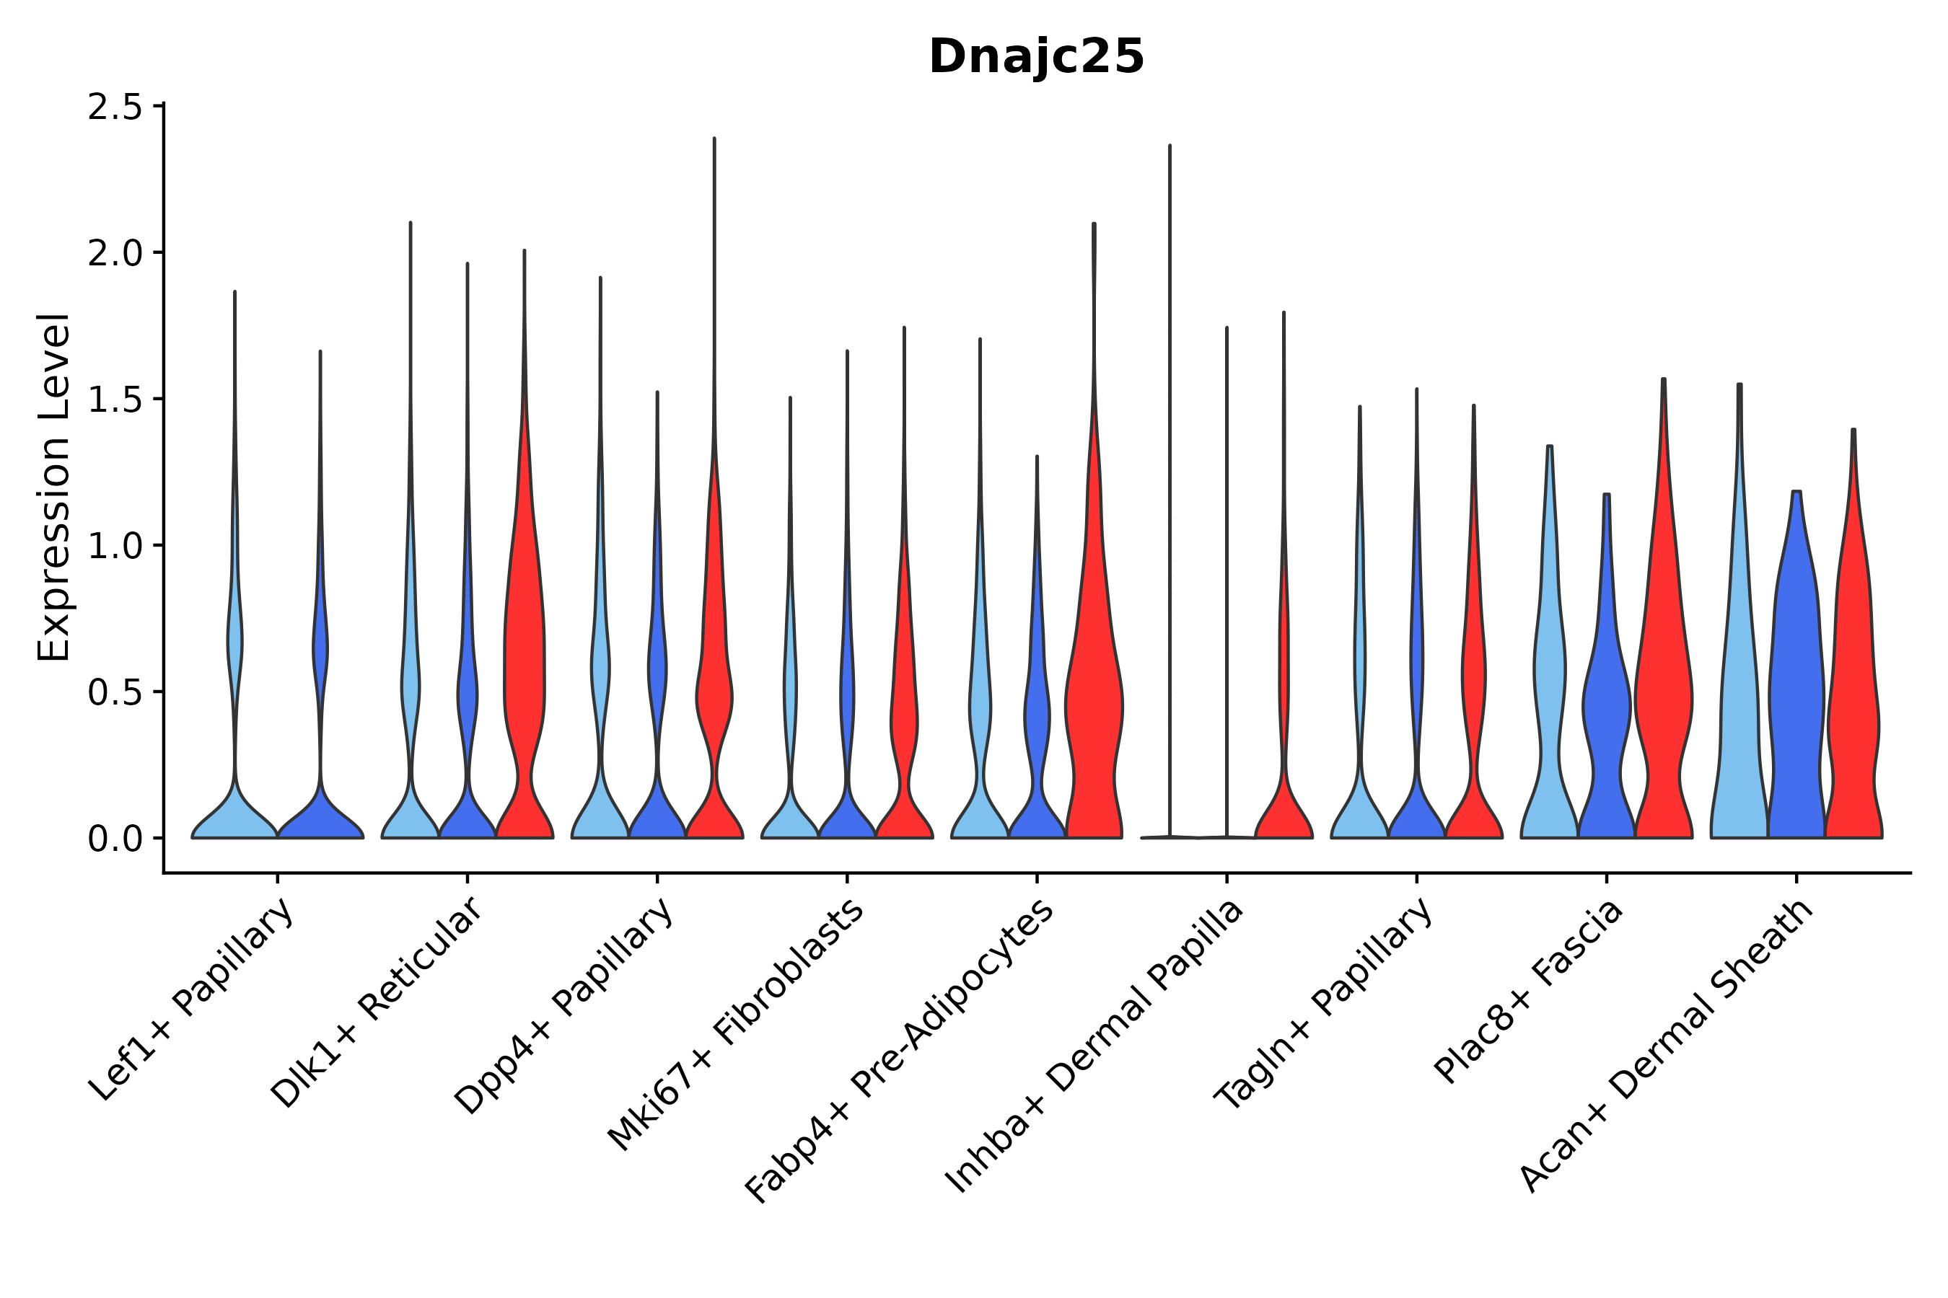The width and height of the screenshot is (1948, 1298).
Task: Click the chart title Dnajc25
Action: (x=1036, y=57)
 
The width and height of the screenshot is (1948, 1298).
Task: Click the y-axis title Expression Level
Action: (x=55, y=487)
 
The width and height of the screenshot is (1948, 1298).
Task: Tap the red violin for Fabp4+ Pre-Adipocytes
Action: (x=1094, y=704)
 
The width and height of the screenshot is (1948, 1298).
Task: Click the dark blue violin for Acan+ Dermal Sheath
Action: (x=1796, y=704)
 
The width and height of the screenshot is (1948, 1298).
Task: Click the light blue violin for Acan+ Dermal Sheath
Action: (x=1739, y=704)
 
